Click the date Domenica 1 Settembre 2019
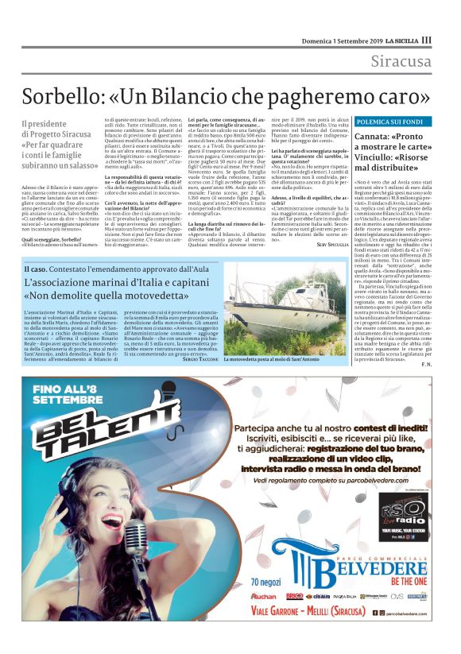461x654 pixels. [x=343, y=40]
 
